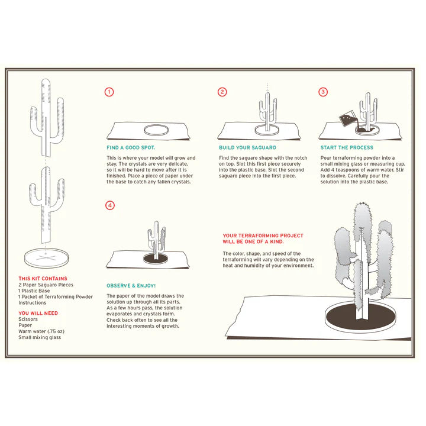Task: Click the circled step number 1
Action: pyautogui.click(x=109, y=92)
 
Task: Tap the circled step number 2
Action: pyautogui.click(x=222, y=92)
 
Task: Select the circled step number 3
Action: pyautogui.click(x=323, y=92)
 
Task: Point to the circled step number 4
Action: pyautogui.click(x=109, y=205)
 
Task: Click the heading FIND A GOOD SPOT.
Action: pyautogui.click(x=130, y=147)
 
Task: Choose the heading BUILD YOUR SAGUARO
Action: pyautogui.click(x=247, y=147)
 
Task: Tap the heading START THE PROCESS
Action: pyautogui.click(x=347, y=147)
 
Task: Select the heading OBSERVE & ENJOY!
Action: pyautogui.click(x=131, y=285)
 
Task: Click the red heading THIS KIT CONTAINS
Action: pyautogui.click(x=43, y=278)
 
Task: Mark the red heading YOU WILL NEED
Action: pyautogui.click(x=38, y=313)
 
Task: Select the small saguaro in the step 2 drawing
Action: pyautogui.click(x=269, y=111)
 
